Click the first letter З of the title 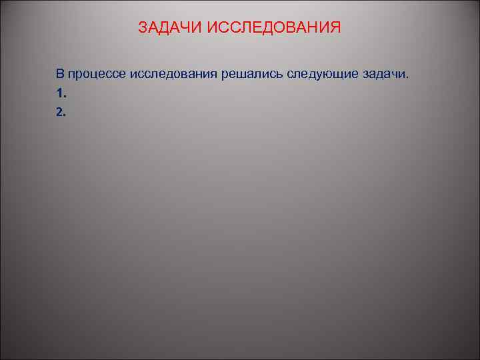(143, 28)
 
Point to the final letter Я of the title (335, 28)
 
